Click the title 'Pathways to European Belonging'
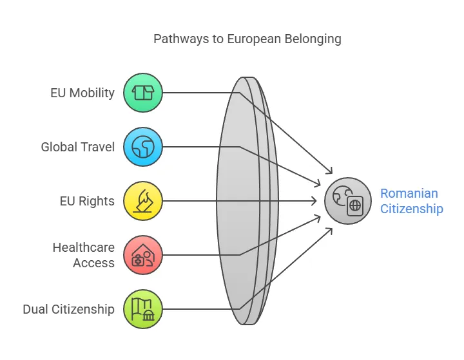coord(247,39)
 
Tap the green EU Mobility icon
coord(143,93)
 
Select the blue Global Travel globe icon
coord(143,147)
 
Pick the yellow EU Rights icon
coord(143,201)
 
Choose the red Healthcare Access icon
coord(143,255)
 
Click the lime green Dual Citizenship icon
coord(143,309)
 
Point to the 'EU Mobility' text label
coord(82,93)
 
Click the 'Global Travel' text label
coord(78,147)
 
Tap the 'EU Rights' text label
coord(87,201)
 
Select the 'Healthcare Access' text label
coord(84,255)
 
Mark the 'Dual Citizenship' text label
coord(69,309)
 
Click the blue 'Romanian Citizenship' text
coord(411,201)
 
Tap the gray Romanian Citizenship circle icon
coord(348,201)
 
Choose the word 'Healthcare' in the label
coord(84,247)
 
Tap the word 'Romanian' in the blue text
coord(409,193)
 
